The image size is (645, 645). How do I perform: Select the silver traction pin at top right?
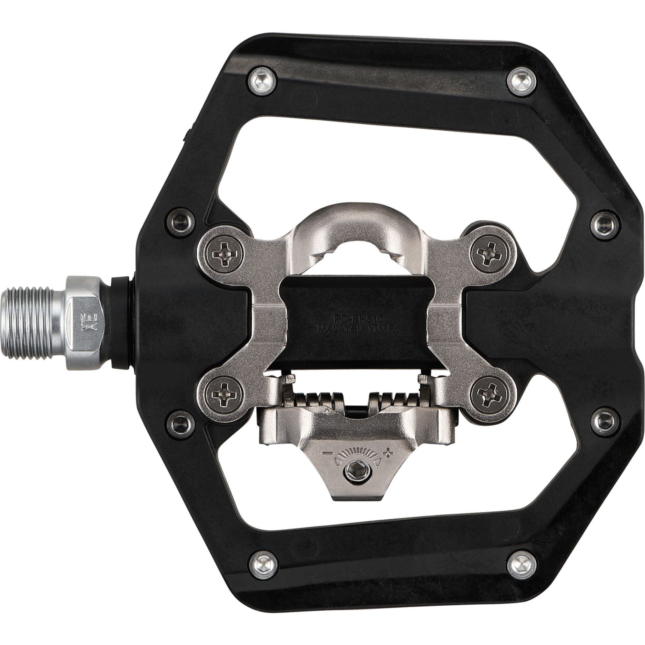(522, 81)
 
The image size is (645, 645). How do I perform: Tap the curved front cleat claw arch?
(355, 217)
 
